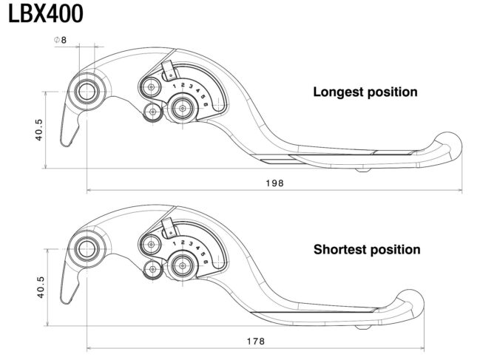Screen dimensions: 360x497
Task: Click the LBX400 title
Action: [x=46, y=14]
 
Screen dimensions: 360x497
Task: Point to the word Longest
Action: [x=339, y=92]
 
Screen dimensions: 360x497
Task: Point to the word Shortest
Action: [x=341, y=250]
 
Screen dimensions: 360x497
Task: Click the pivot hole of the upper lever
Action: [x=87, y=92]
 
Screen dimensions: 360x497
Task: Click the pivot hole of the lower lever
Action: [x=87, y=248]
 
